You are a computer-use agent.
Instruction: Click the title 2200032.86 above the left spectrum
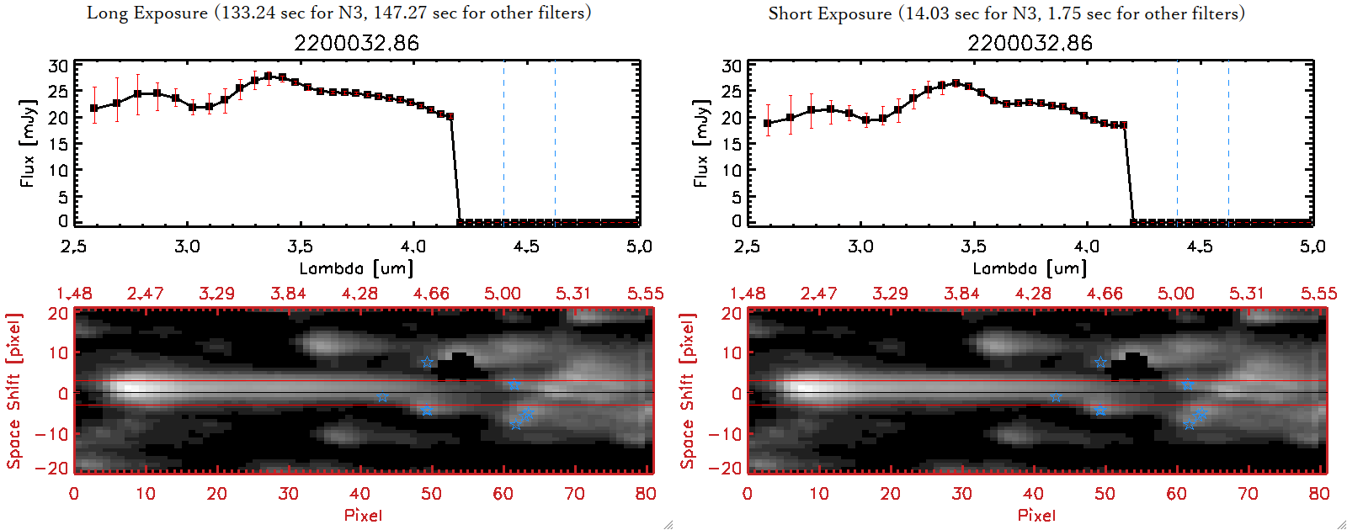click(x=356, y=43)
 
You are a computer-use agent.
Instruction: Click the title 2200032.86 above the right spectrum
click(x=1030, y=43)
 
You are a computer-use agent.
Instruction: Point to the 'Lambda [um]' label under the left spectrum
click(x=356, y=268)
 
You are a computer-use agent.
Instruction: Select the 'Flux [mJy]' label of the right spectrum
click(x=700, y=143)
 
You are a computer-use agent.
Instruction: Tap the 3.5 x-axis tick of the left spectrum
click(x=300, y=246)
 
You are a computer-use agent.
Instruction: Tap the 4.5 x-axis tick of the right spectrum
click(x=1200, y=246)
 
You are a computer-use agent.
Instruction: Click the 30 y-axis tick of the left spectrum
click(x=58, y=66)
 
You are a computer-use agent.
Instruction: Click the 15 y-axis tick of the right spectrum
click(x=732, y=144)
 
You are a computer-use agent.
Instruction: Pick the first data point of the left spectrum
click(x=94, y=109)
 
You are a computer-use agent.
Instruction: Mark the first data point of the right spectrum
click(x=768, y=123)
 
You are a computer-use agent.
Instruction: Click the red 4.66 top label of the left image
click(x=431, y=294)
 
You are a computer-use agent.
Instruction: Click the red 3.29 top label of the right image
click(x=890, y=294)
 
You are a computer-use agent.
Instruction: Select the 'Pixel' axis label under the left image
click(x=363, y=515)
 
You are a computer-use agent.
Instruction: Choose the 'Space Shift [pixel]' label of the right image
click(x=688, y=391)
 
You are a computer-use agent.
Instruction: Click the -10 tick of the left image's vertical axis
click(x=52, y=433)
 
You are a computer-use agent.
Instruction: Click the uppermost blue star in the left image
click(x=427, y=363)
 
